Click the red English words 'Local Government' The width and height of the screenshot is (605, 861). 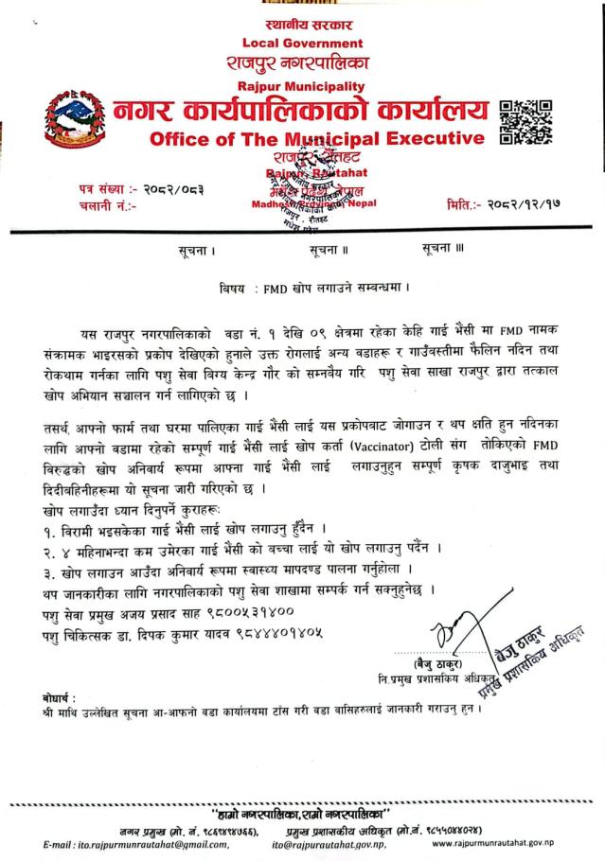[302, 43]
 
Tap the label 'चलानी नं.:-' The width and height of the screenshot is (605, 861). [108, 203]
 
